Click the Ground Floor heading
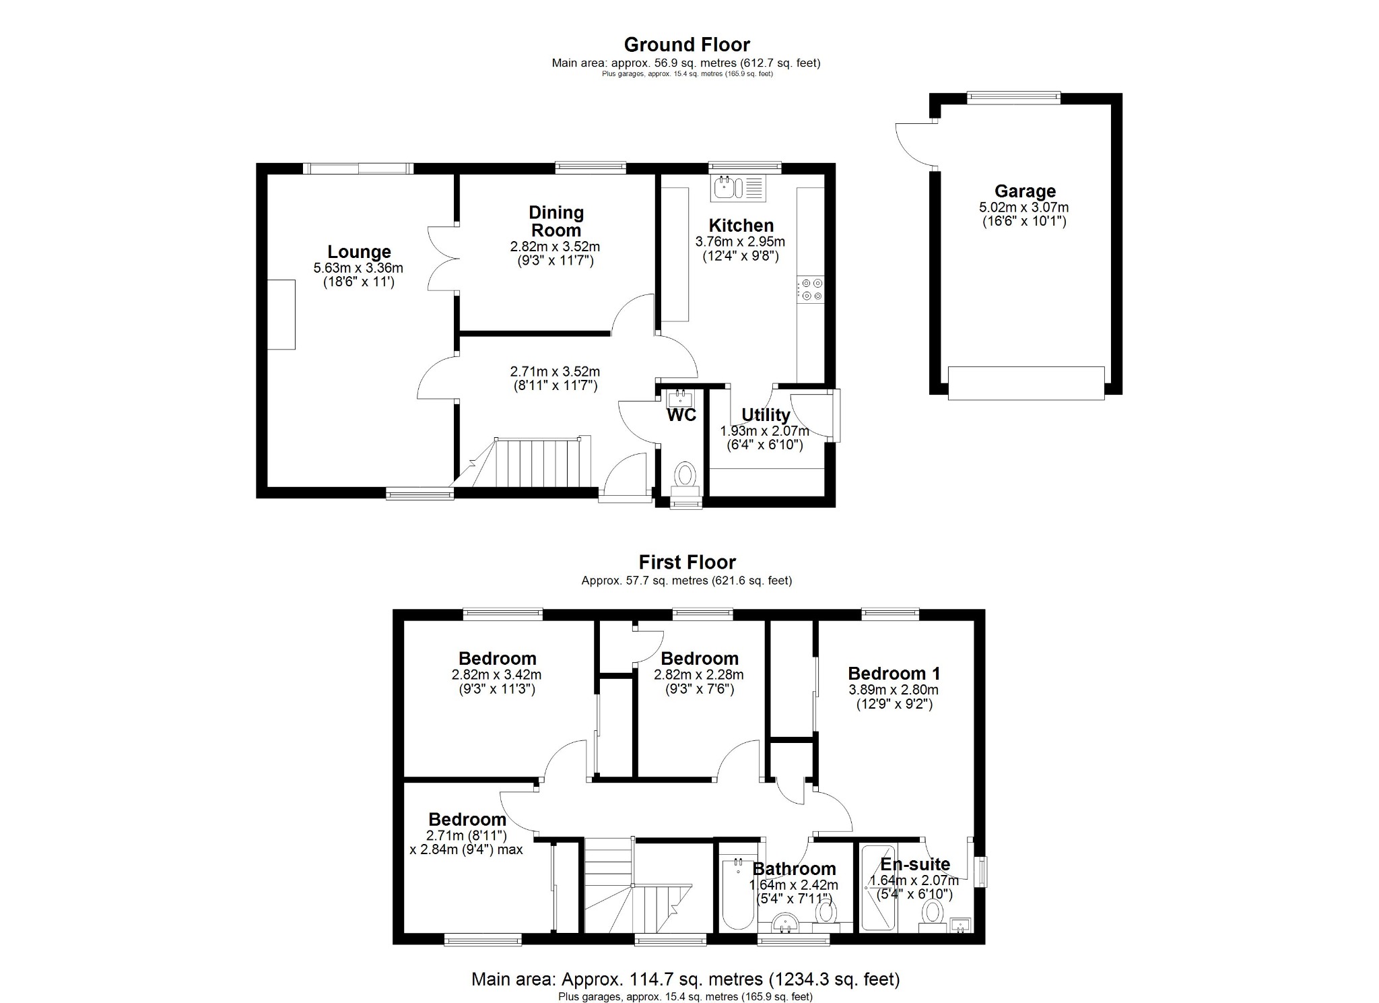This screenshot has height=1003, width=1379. click(x=686, y=44)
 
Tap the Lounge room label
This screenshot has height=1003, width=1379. click(x=359, y=251)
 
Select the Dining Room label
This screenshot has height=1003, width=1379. click(x=556, y=221)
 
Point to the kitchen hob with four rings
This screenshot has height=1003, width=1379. click(x=811, y=290)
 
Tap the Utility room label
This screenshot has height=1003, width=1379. click(x=765, y=414)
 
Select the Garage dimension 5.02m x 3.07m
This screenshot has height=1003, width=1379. click(x=1023, y=208)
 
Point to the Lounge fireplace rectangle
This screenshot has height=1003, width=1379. click(x=281, y=314)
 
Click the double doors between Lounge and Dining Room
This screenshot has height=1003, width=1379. click(x=442, y=259)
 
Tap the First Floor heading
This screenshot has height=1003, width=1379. click(x=687, y=562)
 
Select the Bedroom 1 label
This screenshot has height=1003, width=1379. click(x=894, y=673)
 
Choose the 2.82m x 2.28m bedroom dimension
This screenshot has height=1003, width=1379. click(x=698, y=674)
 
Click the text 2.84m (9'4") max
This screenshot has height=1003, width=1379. click(x=466, y=849)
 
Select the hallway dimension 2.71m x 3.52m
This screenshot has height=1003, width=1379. click(x=554, y=371)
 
